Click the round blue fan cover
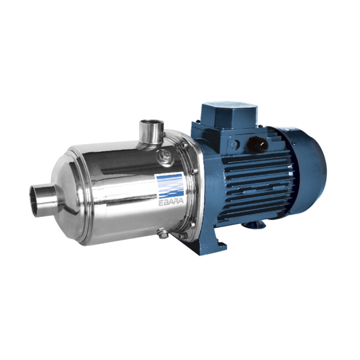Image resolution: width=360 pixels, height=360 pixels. (310, 171)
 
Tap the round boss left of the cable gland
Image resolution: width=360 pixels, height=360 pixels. (234, 145)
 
